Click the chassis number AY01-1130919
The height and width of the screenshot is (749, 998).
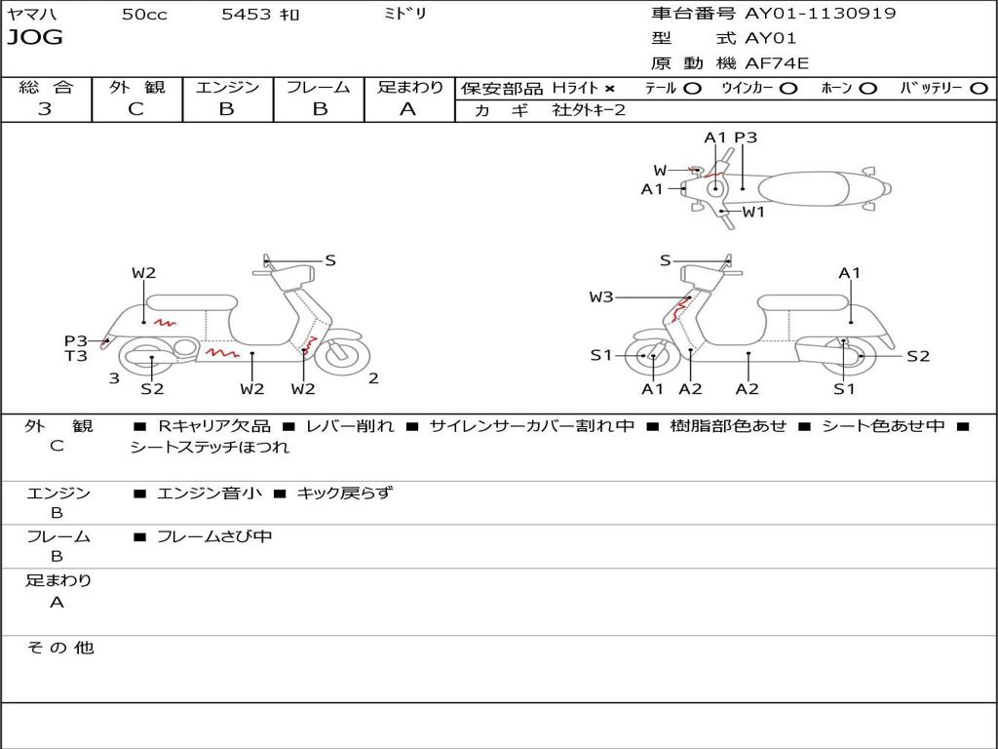pyautogui.click(x=821, y=14)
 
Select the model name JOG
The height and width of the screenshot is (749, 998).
pyautogui.click(x=35, y=38)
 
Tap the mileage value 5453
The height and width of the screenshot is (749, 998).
pyautogui.click(x=248, y=15)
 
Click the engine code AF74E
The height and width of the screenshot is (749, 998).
pyautogui.click(x=777, y=64)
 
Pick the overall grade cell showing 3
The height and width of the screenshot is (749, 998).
pyautogui.click(x=45, y=109)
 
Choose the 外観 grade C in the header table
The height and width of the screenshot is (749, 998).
pyautogui.click(x=135, y=109)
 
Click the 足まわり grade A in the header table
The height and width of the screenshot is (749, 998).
pyautogui.click(x=408, y=109)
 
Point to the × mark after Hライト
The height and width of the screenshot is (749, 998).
pyautogui.click(x=610, y=89)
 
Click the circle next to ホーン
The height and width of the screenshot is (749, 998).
pyautogui.click(x=868, y=89)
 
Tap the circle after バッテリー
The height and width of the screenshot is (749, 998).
pyautogui.click(x=979, y=89)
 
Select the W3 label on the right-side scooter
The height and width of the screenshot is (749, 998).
pyautogui.click(x=601, y=297)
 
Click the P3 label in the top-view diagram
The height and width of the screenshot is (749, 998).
pyautogui.click(x=746, y=138)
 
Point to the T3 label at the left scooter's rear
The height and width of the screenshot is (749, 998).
pyautogui.click(x=76, y=356)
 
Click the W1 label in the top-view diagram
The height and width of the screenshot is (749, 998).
pyautogui.click(x=753, y=212)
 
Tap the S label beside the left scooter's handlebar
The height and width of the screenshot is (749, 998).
pyautogui.click(x=330, y=260)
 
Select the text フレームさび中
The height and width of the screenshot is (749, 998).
pyautogui.click(x=214, y=536)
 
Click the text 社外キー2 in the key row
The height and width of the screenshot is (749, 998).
pyautogui.click(x=589, y=110)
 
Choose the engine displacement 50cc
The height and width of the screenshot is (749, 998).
pyautogui.click(x=144, y=15)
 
